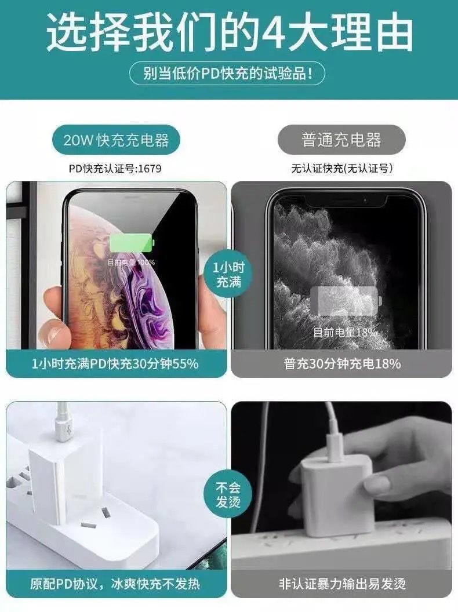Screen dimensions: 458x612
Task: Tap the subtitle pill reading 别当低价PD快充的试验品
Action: click(x=227, y=74)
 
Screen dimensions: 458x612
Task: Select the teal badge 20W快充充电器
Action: click(x=116, y=140)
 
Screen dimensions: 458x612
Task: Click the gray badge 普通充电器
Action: click(x=341, y=140)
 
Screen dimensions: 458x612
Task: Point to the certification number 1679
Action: click(x=150, y=168)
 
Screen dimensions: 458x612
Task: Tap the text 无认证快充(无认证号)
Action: click(x=341, y=168)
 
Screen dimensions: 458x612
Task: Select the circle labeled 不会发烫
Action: click(x=229, y=494)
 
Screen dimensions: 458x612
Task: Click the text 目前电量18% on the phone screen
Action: click(x=345, y=332)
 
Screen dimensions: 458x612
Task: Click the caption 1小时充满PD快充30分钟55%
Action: click(x=115, y=364)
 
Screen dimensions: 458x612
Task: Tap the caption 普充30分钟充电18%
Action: click(x=343, y=364)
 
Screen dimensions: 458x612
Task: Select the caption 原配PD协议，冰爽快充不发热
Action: click(x=115, y=584)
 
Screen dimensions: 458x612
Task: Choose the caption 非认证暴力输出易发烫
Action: click(x=343, y=584)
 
